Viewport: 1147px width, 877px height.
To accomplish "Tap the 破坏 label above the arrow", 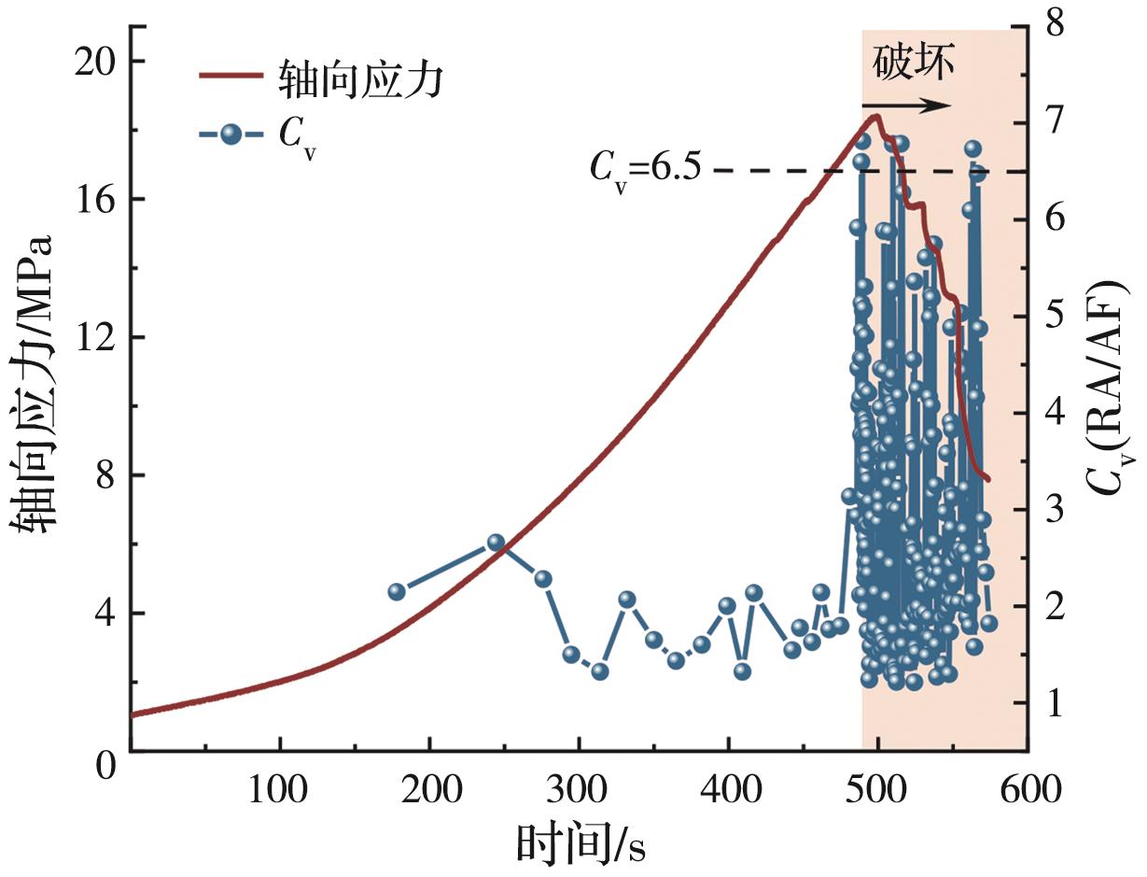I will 914,64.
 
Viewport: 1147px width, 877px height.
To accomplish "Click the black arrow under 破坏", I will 905,106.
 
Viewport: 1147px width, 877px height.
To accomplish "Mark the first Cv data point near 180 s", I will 397,591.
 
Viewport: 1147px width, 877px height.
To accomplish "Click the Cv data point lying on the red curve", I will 496,543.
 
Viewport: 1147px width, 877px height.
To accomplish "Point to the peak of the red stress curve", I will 875,116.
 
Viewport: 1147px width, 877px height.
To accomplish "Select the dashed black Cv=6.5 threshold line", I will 784,171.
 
